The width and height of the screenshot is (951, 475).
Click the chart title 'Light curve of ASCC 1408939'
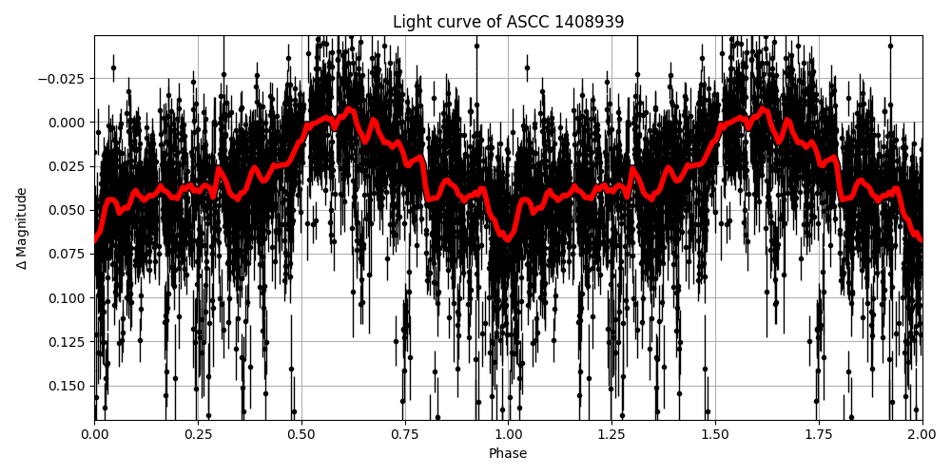pyautogui.click(x=508, y=22)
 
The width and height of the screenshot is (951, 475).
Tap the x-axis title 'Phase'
pyautogui.click(x=508, y=454)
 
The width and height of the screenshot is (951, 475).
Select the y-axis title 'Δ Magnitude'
pyautogui.click(x=22, y=228)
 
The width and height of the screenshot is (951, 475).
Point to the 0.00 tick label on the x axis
pyautogui.click(x=94, y=434)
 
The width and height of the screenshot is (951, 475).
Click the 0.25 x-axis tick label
pyautogui.click(x=198, y=434)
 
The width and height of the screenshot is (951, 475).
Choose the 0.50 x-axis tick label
pyautogui.click(x=301, y=434)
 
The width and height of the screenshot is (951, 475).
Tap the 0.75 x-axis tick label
pyautogui.click(x=405, y=434)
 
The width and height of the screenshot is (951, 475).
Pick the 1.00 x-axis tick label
pyautogui.click(x=508, y=434)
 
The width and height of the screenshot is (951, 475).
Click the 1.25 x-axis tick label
pyautogui.click(x=611, y=434)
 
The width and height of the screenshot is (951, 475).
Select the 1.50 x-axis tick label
pyautogui.click(x=715, y=434)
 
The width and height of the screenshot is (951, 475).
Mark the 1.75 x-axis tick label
pyautogui.click(x=819, y=434)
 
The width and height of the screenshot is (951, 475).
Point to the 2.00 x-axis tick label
pyautogui.click(x=922, y=434)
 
